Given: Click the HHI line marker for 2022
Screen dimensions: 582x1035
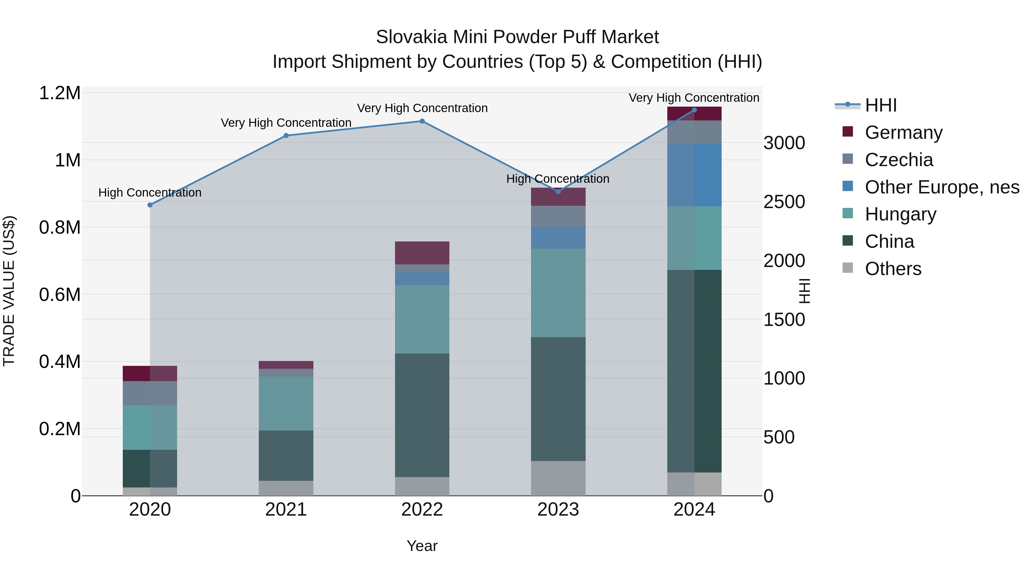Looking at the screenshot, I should [422, 121].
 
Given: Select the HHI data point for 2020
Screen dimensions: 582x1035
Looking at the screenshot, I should [150, 205].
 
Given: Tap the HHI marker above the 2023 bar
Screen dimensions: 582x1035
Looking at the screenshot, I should [558, 192].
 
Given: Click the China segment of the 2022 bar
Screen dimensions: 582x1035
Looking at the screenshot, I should [422, 415].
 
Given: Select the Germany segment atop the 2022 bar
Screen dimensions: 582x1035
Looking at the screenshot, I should [422, 253].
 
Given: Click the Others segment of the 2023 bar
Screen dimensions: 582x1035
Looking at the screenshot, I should [558, 478].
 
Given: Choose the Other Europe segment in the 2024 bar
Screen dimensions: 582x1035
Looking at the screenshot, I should [694, 175].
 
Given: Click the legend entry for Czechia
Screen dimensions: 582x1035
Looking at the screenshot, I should [898, 160].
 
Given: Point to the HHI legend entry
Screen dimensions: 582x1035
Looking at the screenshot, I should [880, 105].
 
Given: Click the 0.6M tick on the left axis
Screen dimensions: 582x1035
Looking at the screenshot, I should [60, 294].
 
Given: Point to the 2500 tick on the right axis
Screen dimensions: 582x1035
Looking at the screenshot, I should [784, 202].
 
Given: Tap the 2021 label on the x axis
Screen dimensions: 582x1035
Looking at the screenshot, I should [286, 510].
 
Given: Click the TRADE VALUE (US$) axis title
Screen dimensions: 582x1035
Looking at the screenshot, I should [9, 291].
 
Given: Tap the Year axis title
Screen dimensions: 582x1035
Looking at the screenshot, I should [422, 546].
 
